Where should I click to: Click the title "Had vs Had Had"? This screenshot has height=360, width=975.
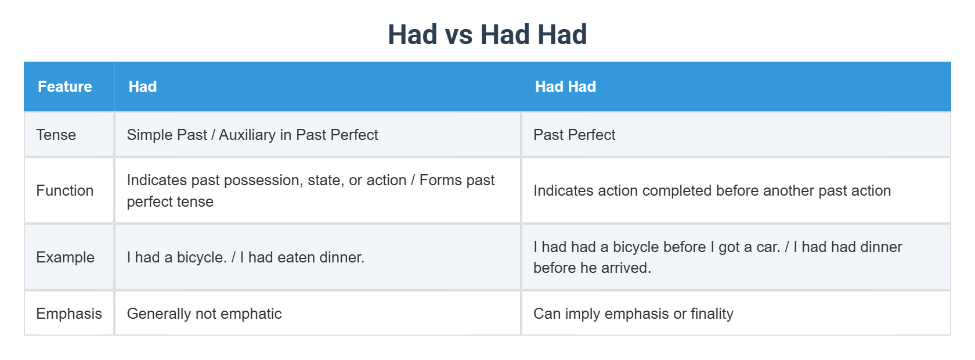tap(487, 35)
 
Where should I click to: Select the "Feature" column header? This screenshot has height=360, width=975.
tap(65, 87)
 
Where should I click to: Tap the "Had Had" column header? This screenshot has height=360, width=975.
tap(565, 87)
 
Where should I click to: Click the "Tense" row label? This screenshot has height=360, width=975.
tap(56, 135)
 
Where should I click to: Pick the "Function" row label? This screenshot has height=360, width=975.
tap(65, 190)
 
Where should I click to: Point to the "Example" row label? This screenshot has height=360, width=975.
tap(65, 257)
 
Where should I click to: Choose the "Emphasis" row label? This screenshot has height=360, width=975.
tap(69, 314)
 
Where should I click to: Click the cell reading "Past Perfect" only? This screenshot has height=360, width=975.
tap(574, 135)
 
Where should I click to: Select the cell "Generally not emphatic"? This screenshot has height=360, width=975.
tap(204, 314)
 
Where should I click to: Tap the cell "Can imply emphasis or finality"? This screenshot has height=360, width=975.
tap(633, 314)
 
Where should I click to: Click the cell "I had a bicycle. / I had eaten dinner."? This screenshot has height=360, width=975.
tap(245, 257)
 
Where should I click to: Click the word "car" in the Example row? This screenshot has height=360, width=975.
tap(767, 247)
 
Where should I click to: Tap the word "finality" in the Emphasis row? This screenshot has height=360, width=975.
tap(712, 314)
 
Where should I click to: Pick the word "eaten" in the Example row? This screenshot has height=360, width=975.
tap(299, 257)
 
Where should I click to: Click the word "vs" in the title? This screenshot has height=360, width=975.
tap(458, 35)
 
